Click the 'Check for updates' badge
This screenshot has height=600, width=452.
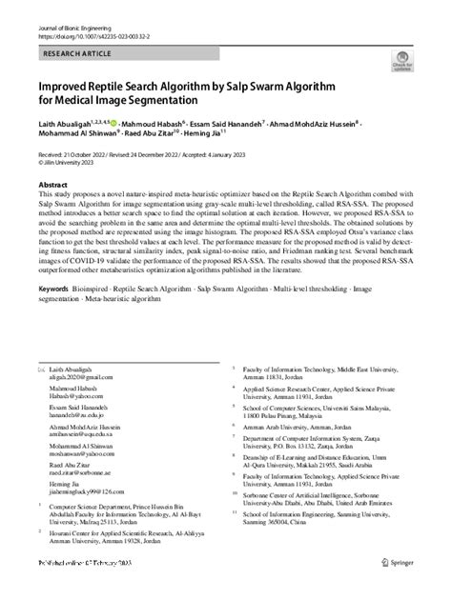403,64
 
